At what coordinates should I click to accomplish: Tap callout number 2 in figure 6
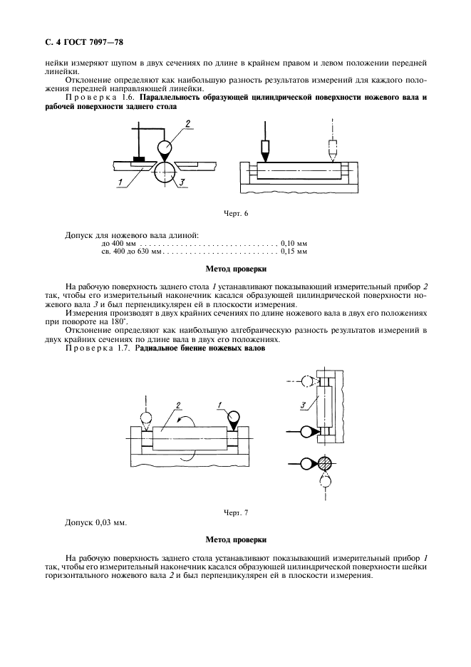pyautogui.click(x=187, y=124)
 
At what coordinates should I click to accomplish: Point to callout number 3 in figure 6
pyautogui.click(x=183, y=184)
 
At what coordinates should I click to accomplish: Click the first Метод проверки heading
pyautogui.click(x=236, y=269)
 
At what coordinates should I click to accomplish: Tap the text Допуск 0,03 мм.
pyautogui.click(x=95, y=523)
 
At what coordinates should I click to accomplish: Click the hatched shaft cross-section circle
pyautogui.click(x=326, y=463)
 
